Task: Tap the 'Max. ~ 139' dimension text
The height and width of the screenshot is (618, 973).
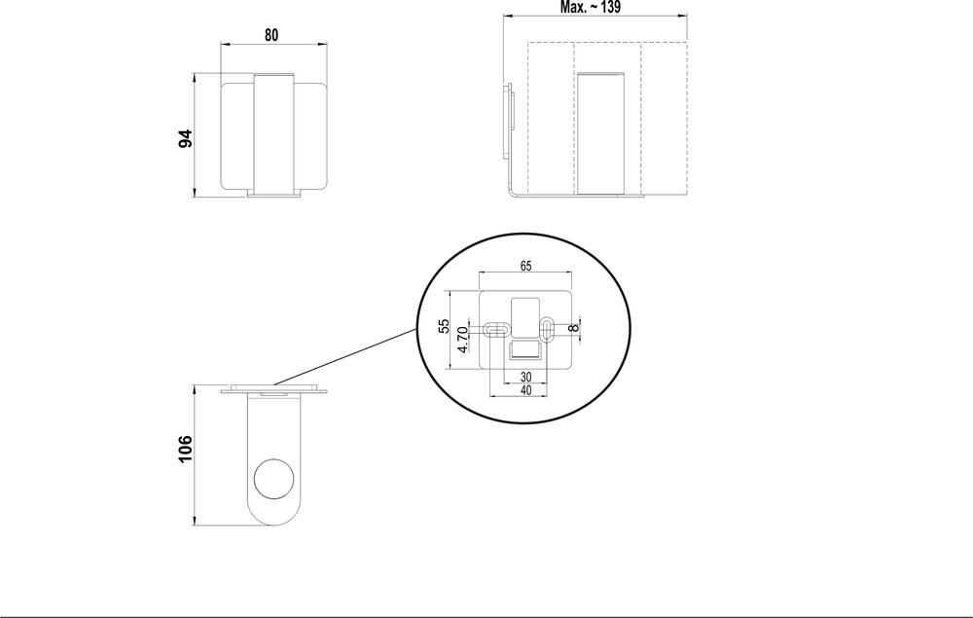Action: click(x=592, y=7)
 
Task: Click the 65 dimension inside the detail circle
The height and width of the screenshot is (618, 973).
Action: click(x=524, y=265)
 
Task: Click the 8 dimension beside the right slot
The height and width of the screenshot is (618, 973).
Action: click(x=574, y=327)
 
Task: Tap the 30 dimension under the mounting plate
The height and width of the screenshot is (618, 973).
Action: click(x=524, y=378)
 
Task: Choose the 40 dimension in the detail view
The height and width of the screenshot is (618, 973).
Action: click(x=524, y=390)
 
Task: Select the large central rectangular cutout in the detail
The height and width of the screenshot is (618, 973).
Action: click(x=524, y=313)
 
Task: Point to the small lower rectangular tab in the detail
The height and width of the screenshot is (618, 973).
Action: click(x=524, y=347)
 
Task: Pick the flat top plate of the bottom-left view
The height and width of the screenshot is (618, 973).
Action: click(x=275, y=392)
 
